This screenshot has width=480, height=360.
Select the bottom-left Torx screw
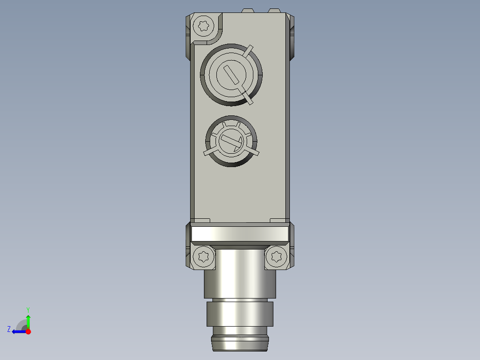(204, 257)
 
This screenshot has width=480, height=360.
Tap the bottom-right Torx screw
(276, 257)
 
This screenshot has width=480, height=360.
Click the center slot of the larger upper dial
(231, 74)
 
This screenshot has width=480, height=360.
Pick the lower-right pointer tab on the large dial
(248, 98)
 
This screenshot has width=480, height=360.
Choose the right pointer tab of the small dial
(253, 152)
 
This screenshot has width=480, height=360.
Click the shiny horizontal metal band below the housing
(240, 233)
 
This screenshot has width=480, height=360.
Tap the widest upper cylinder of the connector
(240, 273)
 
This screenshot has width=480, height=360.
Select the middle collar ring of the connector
(239, 314)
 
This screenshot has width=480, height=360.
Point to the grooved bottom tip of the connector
(240, 342)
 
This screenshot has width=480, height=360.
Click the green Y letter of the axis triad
(28, 309)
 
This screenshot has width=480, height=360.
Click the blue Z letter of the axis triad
(9, 329)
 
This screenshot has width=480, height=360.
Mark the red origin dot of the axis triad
(28, 331)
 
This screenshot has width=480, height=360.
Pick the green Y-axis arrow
(28, 321)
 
